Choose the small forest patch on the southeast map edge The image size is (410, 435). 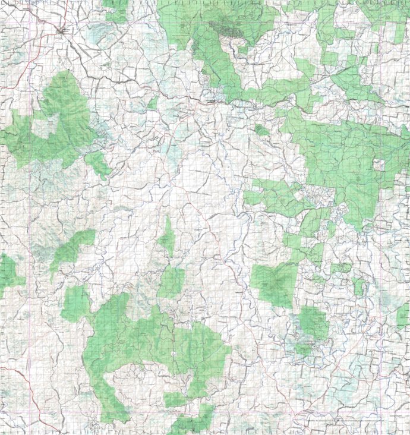[x=403, y=316]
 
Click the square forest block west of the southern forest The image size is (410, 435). [x=75, y=304]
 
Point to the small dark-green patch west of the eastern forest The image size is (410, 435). [x=261, y=129]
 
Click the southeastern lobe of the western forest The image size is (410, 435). [x=98, y=164]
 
